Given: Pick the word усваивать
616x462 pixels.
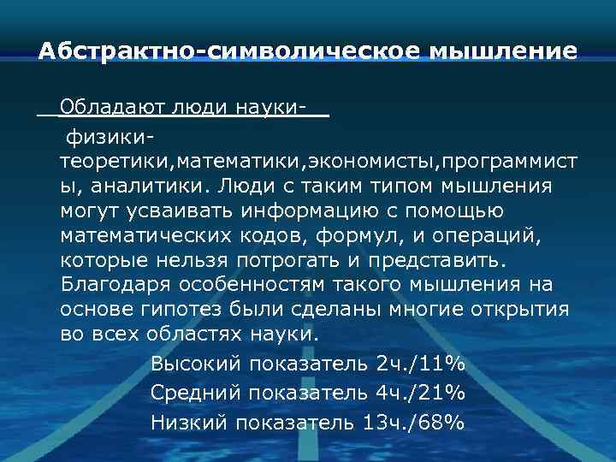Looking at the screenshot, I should click(169, 210).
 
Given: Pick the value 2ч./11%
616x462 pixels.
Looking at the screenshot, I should click(420, 364).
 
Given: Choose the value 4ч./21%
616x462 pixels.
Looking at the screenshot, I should click(420, 393).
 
